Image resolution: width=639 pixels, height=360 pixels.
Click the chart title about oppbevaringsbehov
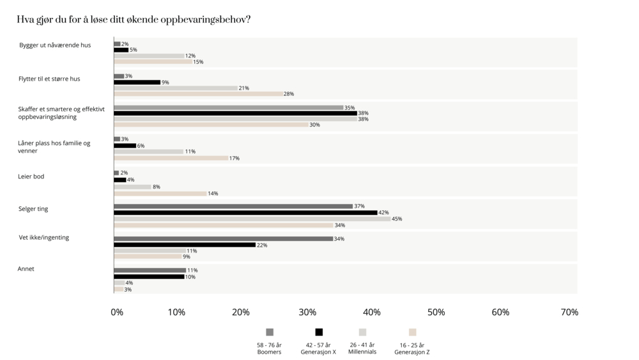point(134,19)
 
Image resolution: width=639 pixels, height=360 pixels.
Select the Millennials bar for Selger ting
point(252,219)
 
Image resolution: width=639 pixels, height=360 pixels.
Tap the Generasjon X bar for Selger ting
point(245,212)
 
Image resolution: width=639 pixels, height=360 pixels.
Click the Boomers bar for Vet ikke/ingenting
point(223,239)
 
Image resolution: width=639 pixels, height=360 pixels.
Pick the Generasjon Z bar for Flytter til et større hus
point(198,94)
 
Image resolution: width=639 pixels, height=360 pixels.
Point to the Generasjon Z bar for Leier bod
point(160,193)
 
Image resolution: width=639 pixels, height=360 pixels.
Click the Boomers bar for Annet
point(150,270)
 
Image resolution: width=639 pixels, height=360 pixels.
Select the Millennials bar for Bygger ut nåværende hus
point(149,56)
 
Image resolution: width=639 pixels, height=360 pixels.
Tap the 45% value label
point(397,219)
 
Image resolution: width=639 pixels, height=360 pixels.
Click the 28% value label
point(289,94)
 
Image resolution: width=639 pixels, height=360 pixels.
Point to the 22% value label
point(261,245)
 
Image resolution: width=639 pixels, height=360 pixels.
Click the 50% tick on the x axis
point(436,312)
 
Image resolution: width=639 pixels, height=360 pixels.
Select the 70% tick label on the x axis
point(569,312)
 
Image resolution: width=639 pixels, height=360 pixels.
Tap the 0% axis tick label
point(117,312)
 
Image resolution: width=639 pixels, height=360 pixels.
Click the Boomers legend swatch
point(270,332)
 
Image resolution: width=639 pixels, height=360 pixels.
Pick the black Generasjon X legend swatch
point(319,332)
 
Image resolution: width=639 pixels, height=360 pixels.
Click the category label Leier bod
point(31,176)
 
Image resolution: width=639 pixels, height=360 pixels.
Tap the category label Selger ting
point(33,208)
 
